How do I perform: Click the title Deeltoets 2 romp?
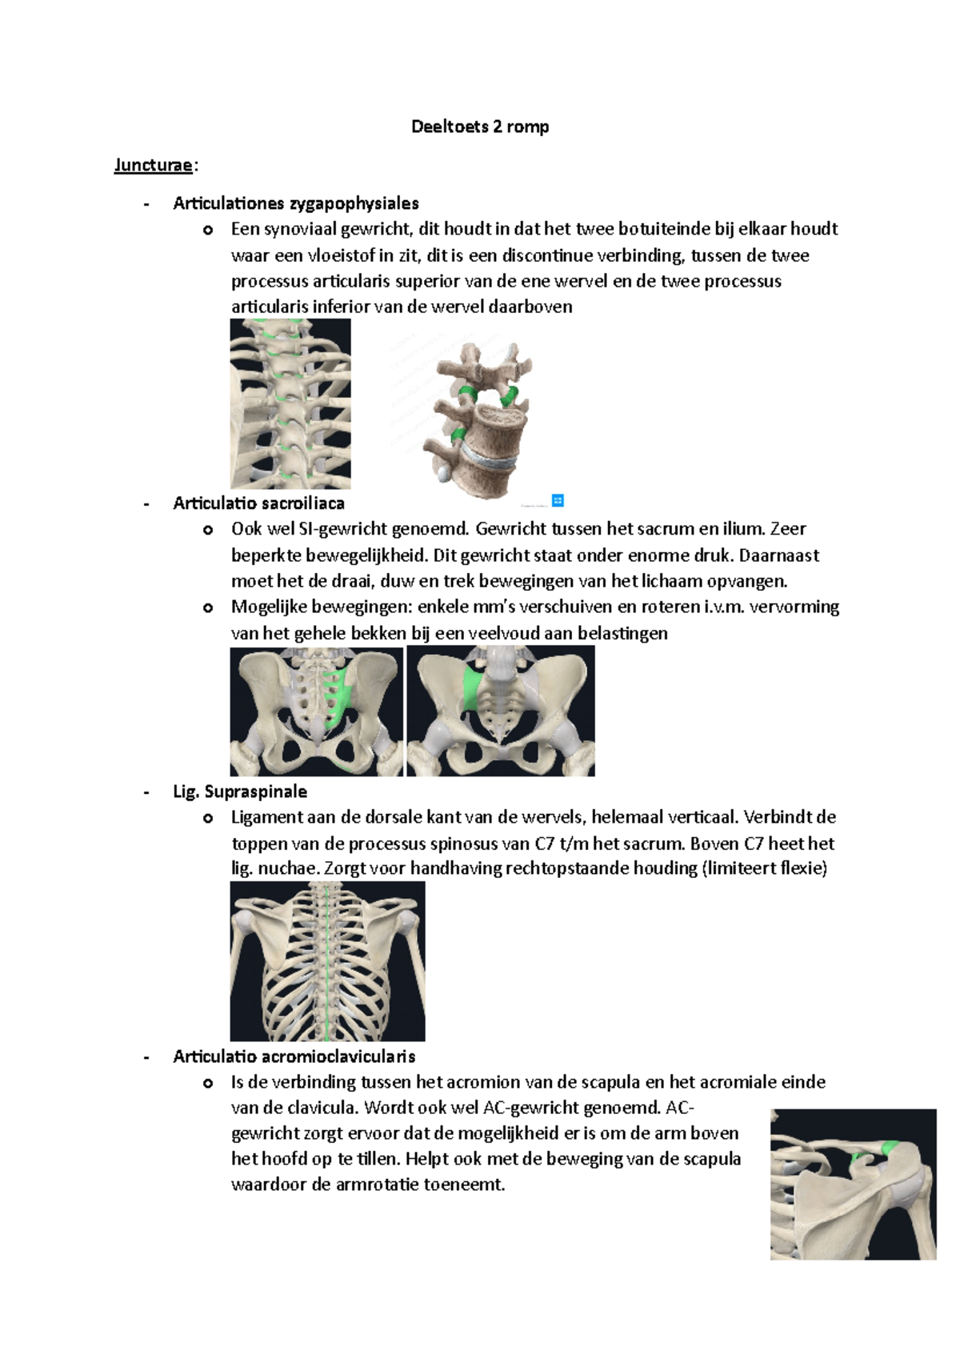tap(480, 126)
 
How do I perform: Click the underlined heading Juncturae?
tap(153, 165)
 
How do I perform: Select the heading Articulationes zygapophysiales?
tap(295, 203)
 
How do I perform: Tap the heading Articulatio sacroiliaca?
tap(258, 503)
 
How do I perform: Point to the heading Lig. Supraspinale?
tap(240, 792)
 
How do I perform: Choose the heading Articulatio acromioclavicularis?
tap(294, 1056)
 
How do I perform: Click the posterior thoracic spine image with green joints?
tap(290, 403)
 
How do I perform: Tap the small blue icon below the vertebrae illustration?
tap(558, 500)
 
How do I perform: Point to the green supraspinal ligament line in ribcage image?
tap(327, 960)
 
